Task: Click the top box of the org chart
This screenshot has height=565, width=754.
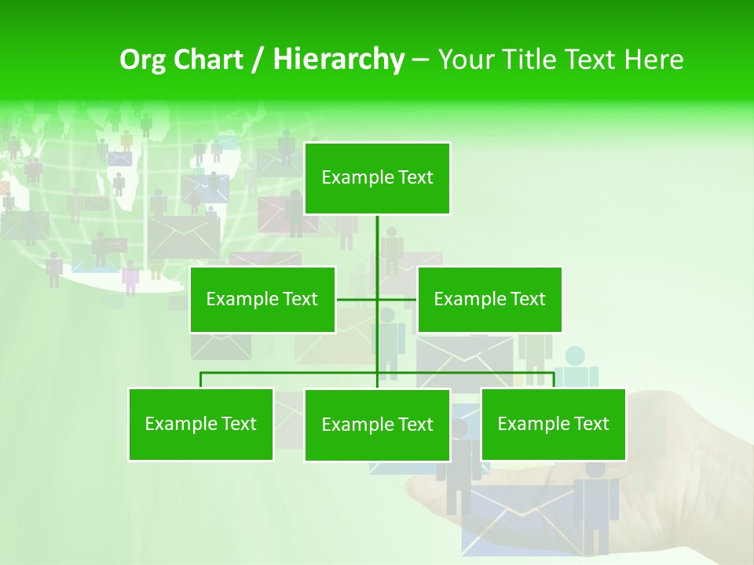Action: (x=377, y=178)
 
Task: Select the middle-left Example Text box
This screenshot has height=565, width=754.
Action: (x=262, y=299)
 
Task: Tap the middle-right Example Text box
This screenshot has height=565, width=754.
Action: (x=489, y=299)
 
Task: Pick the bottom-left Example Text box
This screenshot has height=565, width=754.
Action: (x=201, y=424)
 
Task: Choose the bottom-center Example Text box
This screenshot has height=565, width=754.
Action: (x=377, y=425)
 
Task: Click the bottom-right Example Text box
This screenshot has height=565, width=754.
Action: (x=553, y=424)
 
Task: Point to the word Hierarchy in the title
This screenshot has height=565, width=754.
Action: (x=339, y=60)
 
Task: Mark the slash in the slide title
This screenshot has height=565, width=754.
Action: (x=258, y=60)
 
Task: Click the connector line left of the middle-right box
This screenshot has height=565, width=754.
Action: (x=397, y=299)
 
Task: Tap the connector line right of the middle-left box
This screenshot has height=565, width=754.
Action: (x=356, y=299)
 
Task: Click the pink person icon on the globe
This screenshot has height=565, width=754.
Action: (x=130, y=277)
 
